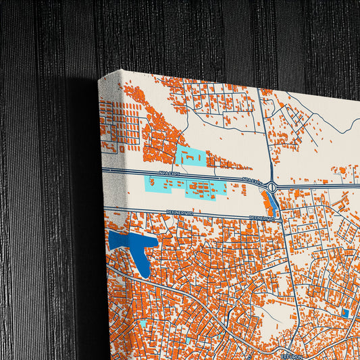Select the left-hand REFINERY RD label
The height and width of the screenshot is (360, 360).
(x=180, y=212)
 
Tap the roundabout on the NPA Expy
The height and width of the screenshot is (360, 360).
(x=271, y=186)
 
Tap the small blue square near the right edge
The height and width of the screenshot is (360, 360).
(x=346, y=313)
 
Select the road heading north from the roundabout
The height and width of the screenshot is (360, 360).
(x=267, y=135)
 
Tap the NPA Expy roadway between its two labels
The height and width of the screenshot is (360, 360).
(x=209, y=178)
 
